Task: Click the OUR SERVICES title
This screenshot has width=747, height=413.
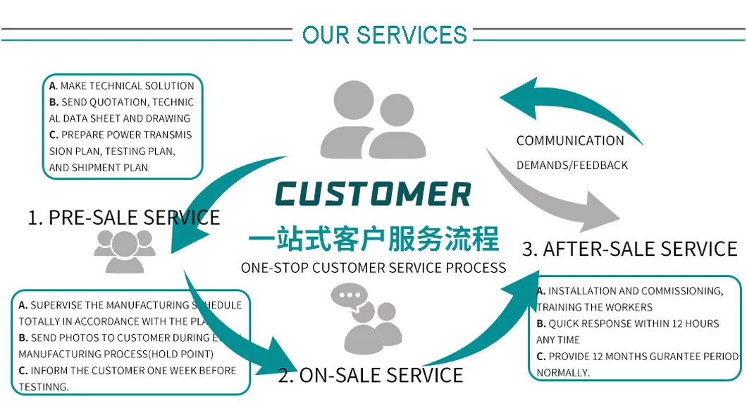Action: click(384, 35)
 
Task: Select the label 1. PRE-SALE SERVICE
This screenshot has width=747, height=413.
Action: click(124, 217)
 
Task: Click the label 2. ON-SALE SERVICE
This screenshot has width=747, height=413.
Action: click(371, 375)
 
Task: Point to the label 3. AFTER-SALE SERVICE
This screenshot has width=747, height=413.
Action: click(629, 249)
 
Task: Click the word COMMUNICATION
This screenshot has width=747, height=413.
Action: click(570, 141)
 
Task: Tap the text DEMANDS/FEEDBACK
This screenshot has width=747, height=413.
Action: click(572, 166)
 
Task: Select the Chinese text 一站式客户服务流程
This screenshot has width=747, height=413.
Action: click(373, 238)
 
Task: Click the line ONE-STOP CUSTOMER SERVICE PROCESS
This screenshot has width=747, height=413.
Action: click(373, 268)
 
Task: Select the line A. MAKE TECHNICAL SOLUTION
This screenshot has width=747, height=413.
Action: click(121, 86)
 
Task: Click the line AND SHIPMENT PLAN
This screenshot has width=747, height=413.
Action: click(99, 168)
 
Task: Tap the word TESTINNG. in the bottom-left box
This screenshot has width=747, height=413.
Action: click(44, 387)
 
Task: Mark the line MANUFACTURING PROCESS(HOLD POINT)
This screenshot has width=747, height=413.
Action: click(116, 354)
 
